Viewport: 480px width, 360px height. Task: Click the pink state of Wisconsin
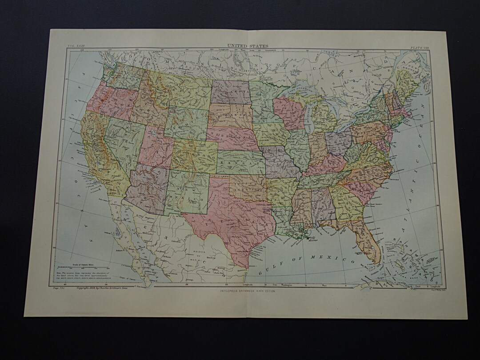(288, 113)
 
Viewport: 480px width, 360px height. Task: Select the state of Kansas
(240, 162)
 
